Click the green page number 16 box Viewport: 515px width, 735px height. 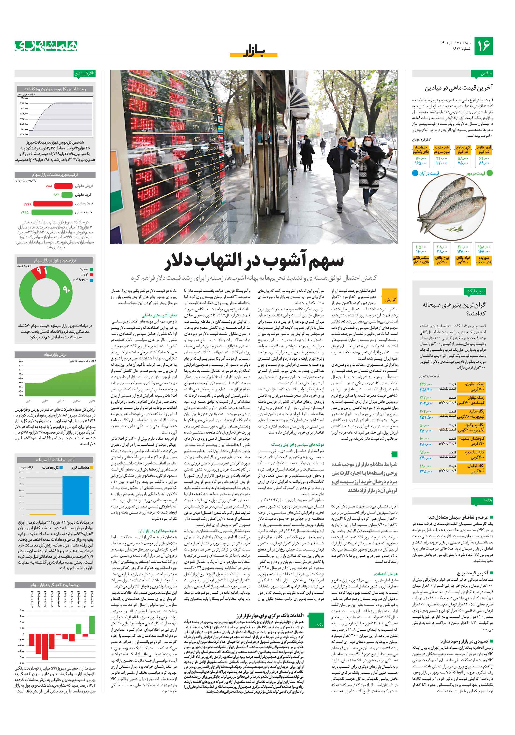tap(483, 46)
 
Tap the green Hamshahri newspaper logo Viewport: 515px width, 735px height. tap(46, 46)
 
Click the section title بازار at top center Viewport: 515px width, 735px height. tap(254, 51)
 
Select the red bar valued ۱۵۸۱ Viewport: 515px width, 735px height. tap(63, 186)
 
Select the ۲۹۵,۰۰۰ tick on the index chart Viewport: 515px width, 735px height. tap(24, 98)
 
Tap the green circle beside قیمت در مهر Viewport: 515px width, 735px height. tap(489, 173)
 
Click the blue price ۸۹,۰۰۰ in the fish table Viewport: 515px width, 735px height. tap(484, 163)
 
